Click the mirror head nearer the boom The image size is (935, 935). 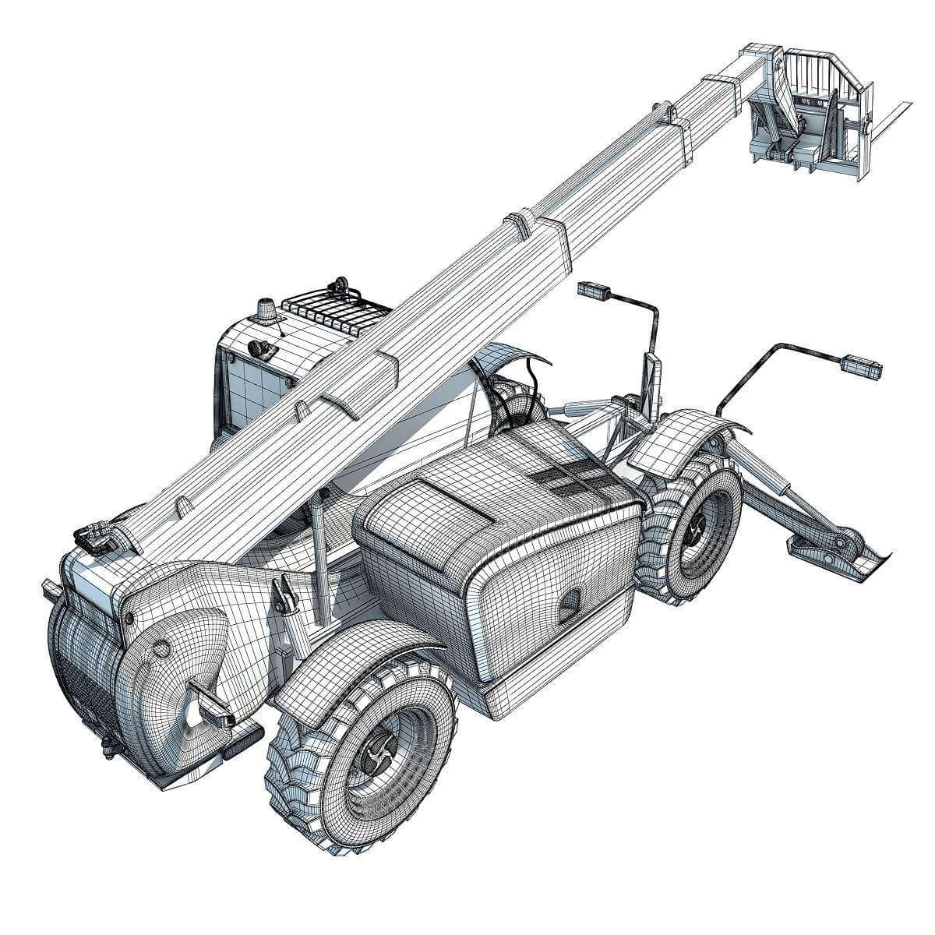click(596, 291)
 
